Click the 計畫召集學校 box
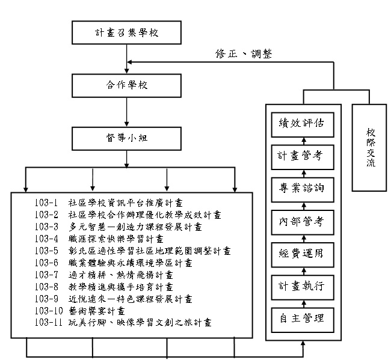tap(126, 32)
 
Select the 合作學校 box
tap(126, 85)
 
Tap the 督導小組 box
tap(126, 138)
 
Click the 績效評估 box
tap(301, 123)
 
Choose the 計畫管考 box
tap(301, 156)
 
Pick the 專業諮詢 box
tap(301, 188)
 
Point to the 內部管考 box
tap(301, 221)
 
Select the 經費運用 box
tap(301, 253)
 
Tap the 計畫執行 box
tap(301, 285)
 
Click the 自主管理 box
tap(301, 318)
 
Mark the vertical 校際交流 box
tap(370, 147)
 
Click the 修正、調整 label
tap(244, 54)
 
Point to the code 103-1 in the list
tap(46, 203)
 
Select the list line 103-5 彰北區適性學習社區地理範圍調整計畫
tap(132, 251)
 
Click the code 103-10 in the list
tap(48, 311)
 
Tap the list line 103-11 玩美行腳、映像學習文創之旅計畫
tap(123, 323)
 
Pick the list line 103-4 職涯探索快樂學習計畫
tap(102, 239)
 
